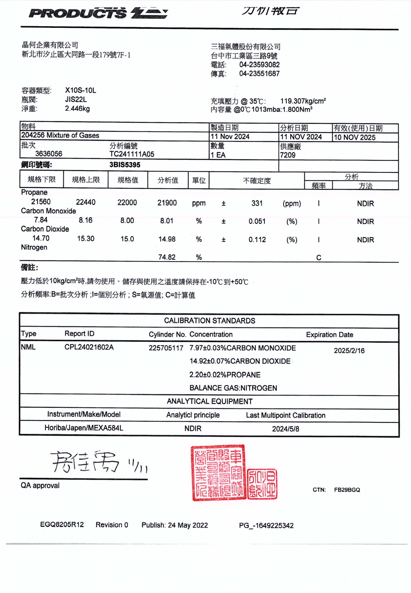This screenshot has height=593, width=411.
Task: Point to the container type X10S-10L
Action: [x=80, y=90]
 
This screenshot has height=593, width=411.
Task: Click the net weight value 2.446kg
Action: [x=77, y=109]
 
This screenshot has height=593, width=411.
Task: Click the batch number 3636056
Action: [x=49, y=154]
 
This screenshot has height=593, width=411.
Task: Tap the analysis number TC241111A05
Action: [x=132, y=154]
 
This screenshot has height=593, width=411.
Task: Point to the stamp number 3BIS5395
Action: [x=125, y=165]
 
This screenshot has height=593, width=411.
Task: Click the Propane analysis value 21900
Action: [x=167, y=203]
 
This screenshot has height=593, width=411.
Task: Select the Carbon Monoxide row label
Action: [x=48, y=211]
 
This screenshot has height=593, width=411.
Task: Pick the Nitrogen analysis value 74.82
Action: [x=167, y=257]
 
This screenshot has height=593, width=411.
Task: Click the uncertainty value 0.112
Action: [x=257, y=240]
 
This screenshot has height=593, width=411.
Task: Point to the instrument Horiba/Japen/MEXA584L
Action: [x=84, y=428]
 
